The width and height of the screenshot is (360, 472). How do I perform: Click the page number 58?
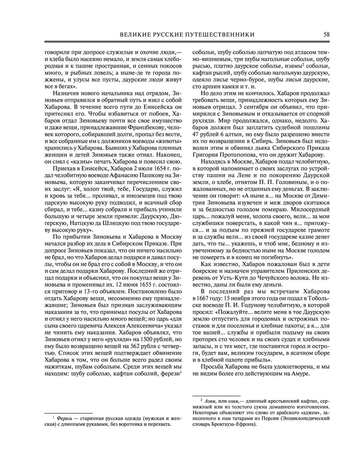coord(327,35)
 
